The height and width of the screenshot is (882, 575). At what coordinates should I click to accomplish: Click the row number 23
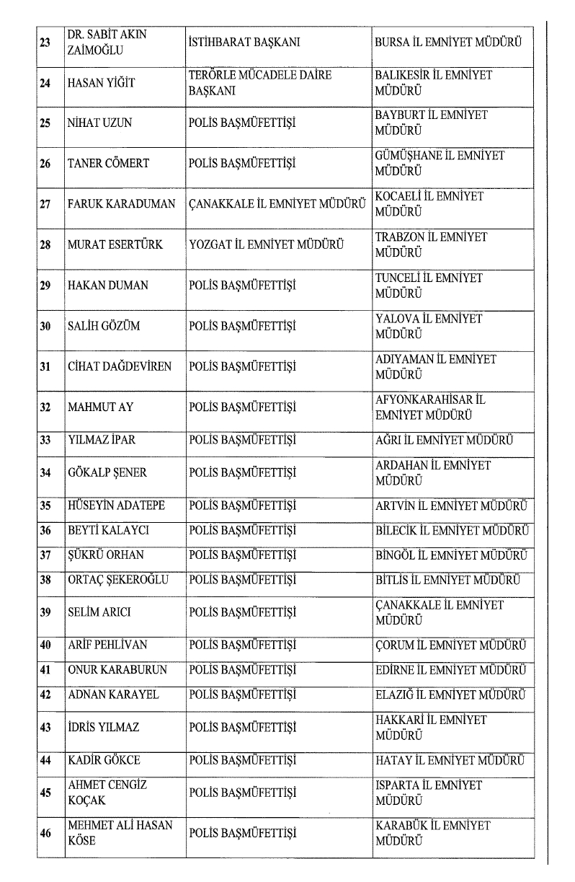click(x=45, y=42)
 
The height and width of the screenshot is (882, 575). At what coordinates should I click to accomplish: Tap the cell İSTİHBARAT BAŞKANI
click(x=244, y=42)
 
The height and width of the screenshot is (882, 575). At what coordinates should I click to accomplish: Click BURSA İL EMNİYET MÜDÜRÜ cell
click(x=452, y=42)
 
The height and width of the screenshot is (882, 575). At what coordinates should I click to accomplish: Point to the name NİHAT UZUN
click(x=99, y=123)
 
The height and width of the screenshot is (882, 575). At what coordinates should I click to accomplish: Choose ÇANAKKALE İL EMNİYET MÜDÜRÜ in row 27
click(x=277, y=204)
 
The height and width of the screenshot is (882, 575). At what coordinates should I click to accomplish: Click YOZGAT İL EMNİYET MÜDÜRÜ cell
click(x=265, y=244)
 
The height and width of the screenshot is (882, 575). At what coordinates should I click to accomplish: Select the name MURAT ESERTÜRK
click(x=115, y=244)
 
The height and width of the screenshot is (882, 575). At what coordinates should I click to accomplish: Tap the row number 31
click(x=45, y=366)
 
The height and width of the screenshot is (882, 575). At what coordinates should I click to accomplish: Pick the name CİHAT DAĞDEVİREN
click(x=120, y=366)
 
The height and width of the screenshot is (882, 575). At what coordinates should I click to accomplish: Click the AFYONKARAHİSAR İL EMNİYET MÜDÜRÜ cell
click(x=430, y=407)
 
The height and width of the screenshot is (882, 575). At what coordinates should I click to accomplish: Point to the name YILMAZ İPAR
click(x=101, y=439)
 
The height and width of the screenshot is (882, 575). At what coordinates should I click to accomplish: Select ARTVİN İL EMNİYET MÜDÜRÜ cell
click(x=452, y=506)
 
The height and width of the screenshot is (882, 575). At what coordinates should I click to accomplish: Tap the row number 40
click(x=45, y=645)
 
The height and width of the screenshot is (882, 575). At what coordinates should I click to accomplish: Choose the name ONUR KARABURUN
click(x=117, y=670)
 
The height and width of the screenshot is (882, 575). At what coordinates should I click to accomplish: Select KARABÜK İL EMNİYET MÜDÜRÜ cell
click(x=432, y=833)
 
